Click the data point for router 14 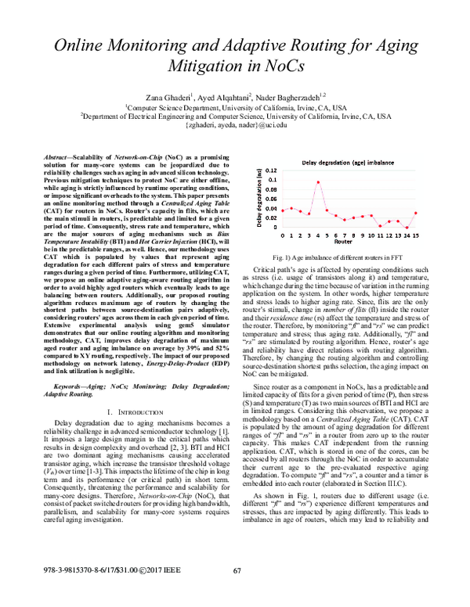[407, 228]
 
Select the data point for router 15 [416, 213]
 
